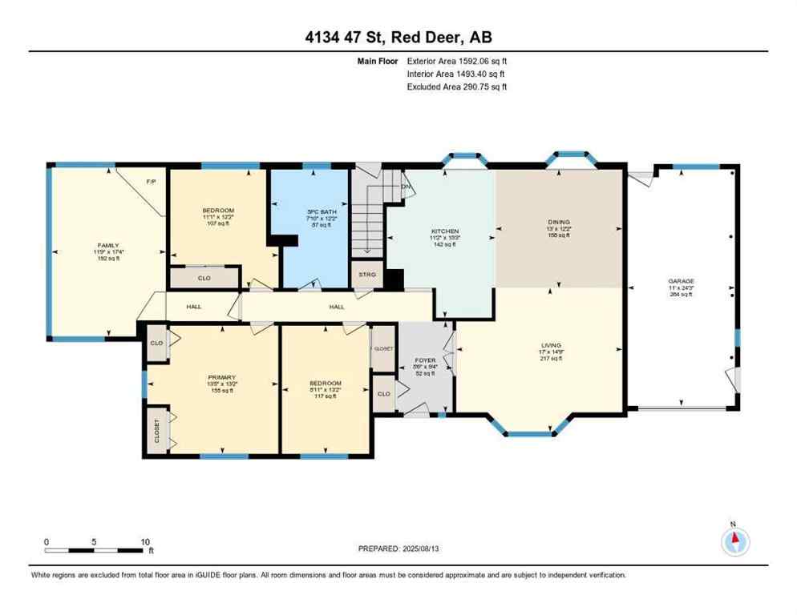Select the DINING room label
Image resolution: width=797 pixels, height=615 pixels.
pos(559,222)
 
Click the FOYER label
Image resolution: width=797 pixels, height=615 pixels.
pos(425,360)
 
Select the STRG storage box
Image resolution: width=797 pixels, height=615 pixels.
pos(366,274)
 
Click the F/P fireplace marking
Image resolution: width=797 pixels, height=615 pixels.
pos(150,182)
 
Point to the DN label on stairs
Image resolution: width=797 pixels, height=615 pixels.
pos(406,187)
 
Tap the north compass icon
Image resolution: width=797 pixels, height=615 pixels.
pos(734,542)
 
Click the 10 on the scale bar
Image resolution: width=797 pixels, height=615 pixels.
pos(145,542)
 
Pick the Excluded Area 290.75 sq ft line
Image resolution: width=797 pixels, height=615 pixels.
pos(457,86)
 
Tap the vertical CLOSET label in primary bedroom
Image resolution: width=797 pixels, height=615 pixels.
pos(156,430)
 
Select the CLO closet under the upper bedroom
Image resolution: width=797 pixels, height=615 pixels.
pos(204,278)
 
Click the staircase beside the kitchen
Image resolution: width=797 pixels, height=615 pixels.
pos(368,216)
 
